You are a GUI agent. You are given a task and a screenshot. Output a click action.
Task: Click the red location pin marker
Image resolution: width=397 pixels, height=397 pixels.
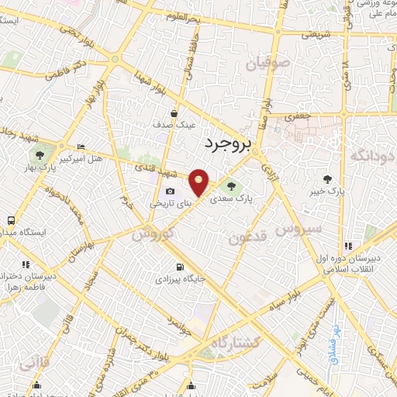[x=199, y=183]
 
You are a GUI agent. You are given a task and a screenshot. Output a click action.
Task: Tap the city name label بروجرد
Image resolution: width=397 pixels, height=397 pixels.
[x=230, y=143]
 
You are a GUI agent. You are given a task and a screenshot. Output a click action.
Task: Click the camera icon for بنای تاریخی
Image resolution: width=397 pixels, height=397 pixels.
[x=170, y=192]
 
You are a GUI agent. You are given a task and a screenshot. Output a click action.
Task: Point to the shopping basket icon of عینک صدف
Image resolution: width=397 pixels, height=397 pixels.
[x=182, y=113]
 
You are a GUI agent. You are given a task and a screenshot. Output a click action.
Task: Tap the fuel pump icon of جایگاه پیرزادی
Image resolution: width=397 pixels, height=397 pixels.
[x=181, y=268]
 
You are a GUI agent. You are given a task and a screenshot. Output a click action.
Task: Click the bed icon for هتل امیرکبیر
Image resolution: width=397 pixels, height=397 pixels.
[x=82, y=147]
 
